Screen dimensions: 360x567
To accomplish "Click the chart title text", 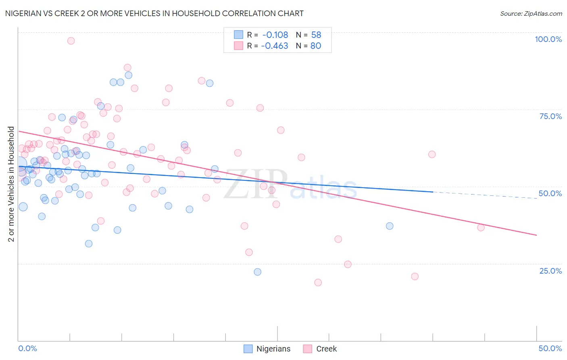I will click(154, 13).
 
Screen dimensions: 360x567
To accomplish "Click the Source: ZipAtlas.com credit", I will click(531, 14).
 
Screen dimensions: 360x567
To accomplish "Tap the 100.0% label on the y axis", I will click(548, 39).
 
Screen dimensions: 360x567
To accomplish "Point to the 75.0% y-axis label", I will click(550, 116).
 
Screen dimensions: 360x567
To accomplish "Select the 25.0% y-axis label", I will click(550, 271).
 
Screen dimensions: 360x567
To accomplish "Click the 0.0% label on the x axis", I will click(27, 348).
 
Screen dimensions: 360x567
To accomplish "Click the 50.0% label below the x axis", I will click(550, 348).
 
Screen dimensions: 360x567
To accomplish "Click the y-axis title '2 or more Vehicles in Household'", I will click(11, 184).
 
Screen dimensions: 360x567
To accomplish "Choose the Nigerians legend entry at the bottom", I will click(267, 349).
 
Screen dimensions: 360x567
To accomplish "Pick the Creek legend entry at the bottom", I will click(320, 349).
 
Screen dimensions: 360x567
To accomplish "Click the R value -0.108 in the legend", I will click(275, 35).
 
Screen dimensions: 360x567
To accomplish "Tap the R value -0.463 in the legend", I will click(275, 46).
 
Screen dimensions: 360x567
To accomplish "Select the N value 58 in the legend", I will click(316, 35).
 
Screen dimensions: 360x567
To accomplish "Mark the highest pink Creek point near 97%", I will click(71, 41).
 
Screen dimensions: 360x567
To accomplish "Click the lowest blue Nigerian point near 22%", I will click(258, 272).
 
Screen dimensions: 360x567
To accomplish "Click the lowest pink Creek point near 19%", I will click(318, 283).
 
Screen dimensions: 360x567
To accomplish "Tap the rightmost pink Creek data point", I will click(481, 228).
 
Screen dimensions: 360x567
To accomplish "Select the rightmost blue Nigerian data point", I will click(390, 226).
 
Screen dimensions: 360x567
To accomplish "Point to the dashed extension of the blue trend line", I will click(484, 195).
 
